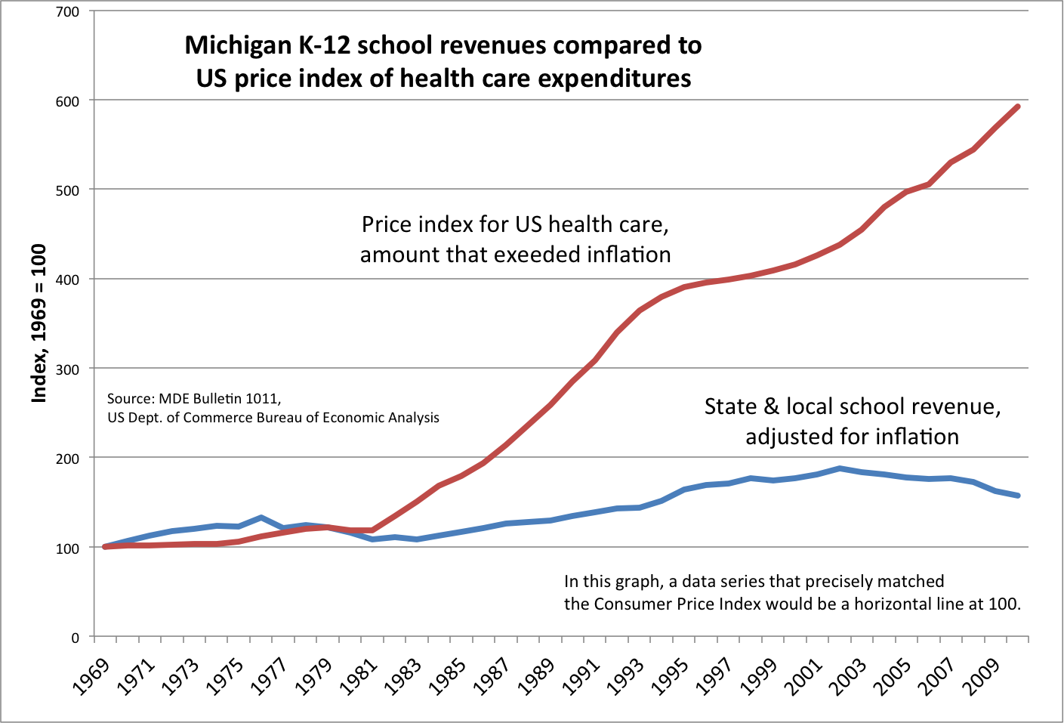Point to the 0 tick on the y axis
coord(75,637)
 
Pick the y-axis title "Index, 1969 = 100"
coord(39,323)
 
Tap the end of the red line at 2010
coord(1019,107)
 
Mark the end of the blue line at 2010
coord(1019,496)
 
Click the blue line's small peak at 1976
coord(261,518)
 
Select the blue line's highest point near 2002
coord(840,468)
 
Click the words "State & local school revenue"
coord(853,406)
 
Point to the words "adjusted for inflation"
coord(853,437)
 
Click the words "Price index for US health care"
coord(515,224)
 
